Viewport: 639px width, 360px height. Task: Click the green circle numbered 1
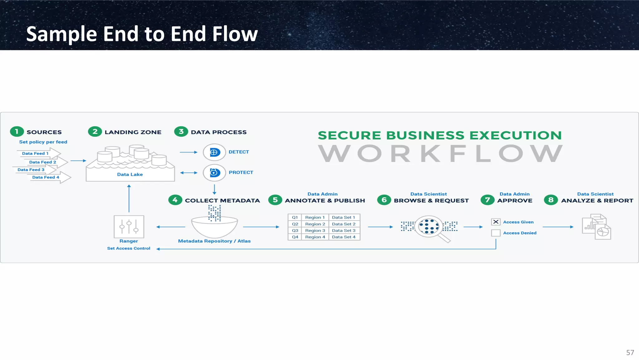[x=17, y=132]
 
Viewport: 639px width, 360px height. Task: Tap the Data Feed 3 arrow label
[x=31, y=170]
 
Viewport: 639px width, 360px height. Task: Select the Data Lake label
[x=130, y=175]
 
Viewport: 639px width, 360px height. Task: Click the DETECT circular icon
[x=214, y=152]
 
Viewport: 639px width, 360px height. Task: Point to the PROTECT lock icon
[x=214, y=173]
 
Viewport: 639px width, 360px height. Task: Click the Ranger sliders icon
[x=129, y=227]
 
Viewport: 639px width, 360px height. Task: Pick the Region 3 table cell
[x=315, y=230]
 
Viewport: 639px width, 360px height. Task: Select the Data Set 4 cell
[x=344, y=237]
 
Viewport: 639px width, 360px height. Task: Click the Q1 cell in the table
[x=295, y=217]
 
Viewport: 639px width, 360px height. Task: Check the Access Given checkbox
[x=496, y=222]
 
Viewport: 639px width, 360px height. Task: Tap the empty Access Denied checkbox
[x=496, y=233]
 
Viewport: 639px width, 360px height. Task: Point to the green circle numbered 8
[x=551, y=200]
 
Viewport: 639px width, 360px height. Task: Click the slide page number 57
[x=630, y=353]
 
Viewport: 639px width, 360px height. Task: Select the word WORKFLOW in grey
[x=440, y=154]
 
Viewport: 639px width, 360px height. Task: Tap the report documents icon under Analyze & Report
[x=596, y=227]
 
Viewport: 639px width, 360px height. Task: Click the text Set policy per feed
[x=43, y=142]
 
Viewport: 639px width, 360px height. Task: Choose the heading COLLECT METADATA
[x=222, y=200]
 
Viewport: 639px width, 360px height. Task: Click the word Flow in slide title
[x=235, y=34]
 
